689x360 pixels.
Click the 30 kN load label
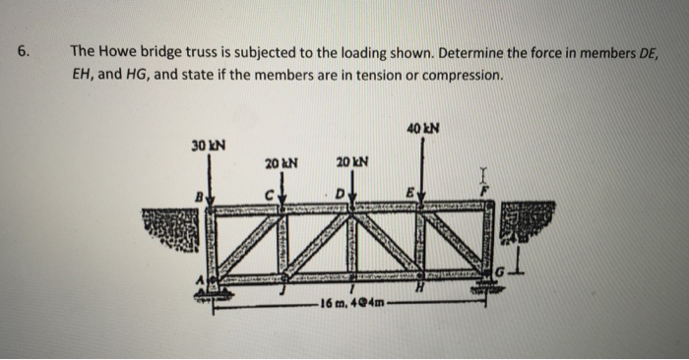[x=208, y=146]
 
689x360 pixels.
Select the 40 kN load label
[x=424, y=127]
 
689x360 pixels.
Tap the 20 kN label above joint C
[x=282, y=161]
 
